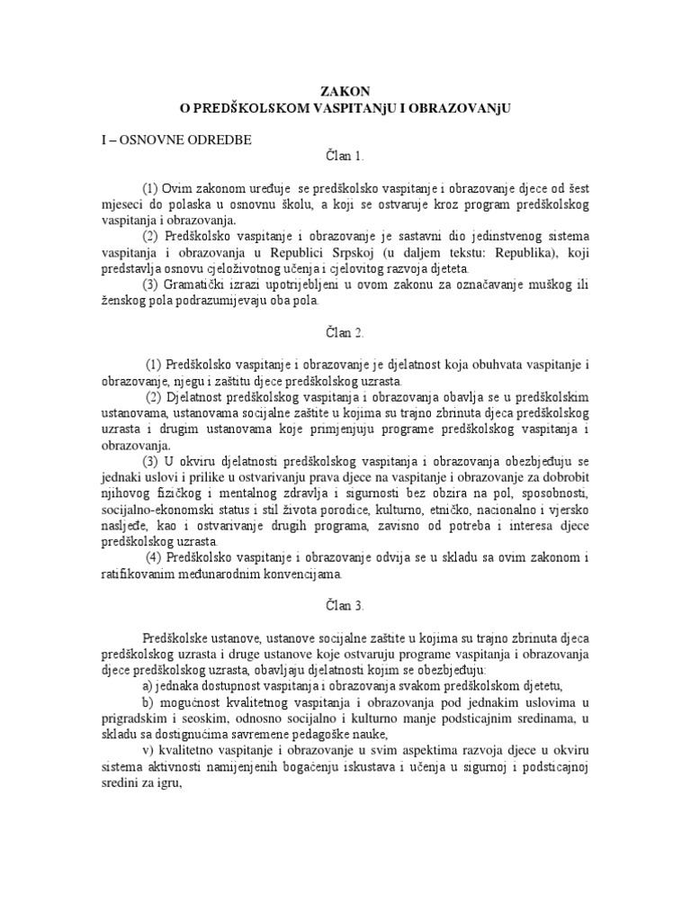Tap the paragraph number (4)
155,558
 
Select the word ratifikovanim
134,574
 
